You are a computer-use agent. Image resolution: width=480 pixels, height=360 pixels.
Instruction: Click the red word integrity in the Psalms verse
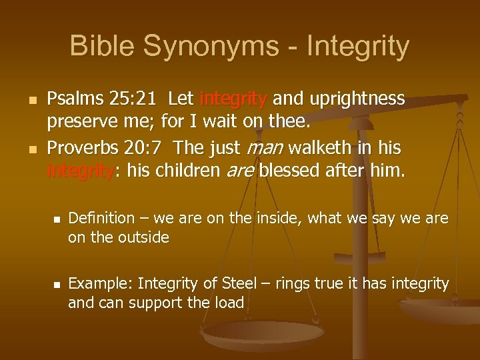click(233, 99)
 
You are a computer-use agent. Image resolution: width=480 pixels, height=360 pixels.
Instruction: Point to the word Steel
click(238, 284)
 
